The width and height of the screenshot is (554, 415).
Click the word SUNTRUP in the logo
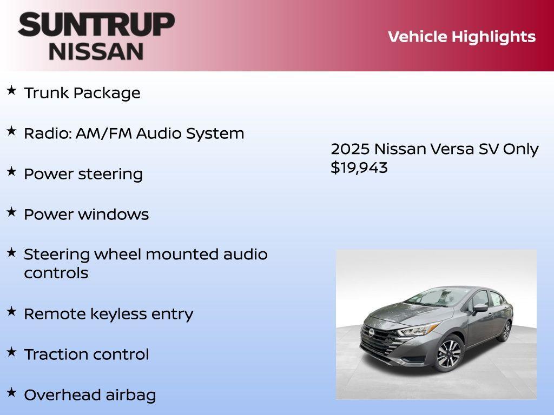coord(96,24)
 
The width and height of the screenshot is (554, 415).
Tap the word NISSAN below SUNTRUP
coord(96,51)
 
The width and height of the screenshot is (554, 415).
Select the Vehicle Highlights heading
coord(461,37)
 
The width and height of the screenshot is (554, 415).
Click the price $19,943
coord(359,168)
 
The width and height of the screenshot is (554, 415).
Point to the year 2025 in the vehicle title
coord(350,149)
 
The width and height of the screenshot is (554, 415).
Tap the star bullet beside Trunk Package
coord(11,90)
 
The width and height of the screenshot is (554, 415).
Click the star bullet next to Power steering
coord(11,171)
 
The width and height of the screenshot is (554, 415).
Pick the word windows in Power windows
coord(113,215)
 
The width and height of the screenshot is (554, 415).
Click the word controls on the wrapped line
coord(56,273)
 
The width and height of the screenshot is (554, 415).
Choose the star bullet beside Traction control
coord(11,352)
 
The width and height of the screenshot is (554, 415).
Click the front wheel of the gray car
coord(449,353)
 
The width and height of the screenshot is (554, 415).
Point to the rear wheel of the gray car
coord(505,331)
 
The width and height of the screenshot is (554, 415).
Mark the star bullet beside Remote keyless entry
coord(11,311)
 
